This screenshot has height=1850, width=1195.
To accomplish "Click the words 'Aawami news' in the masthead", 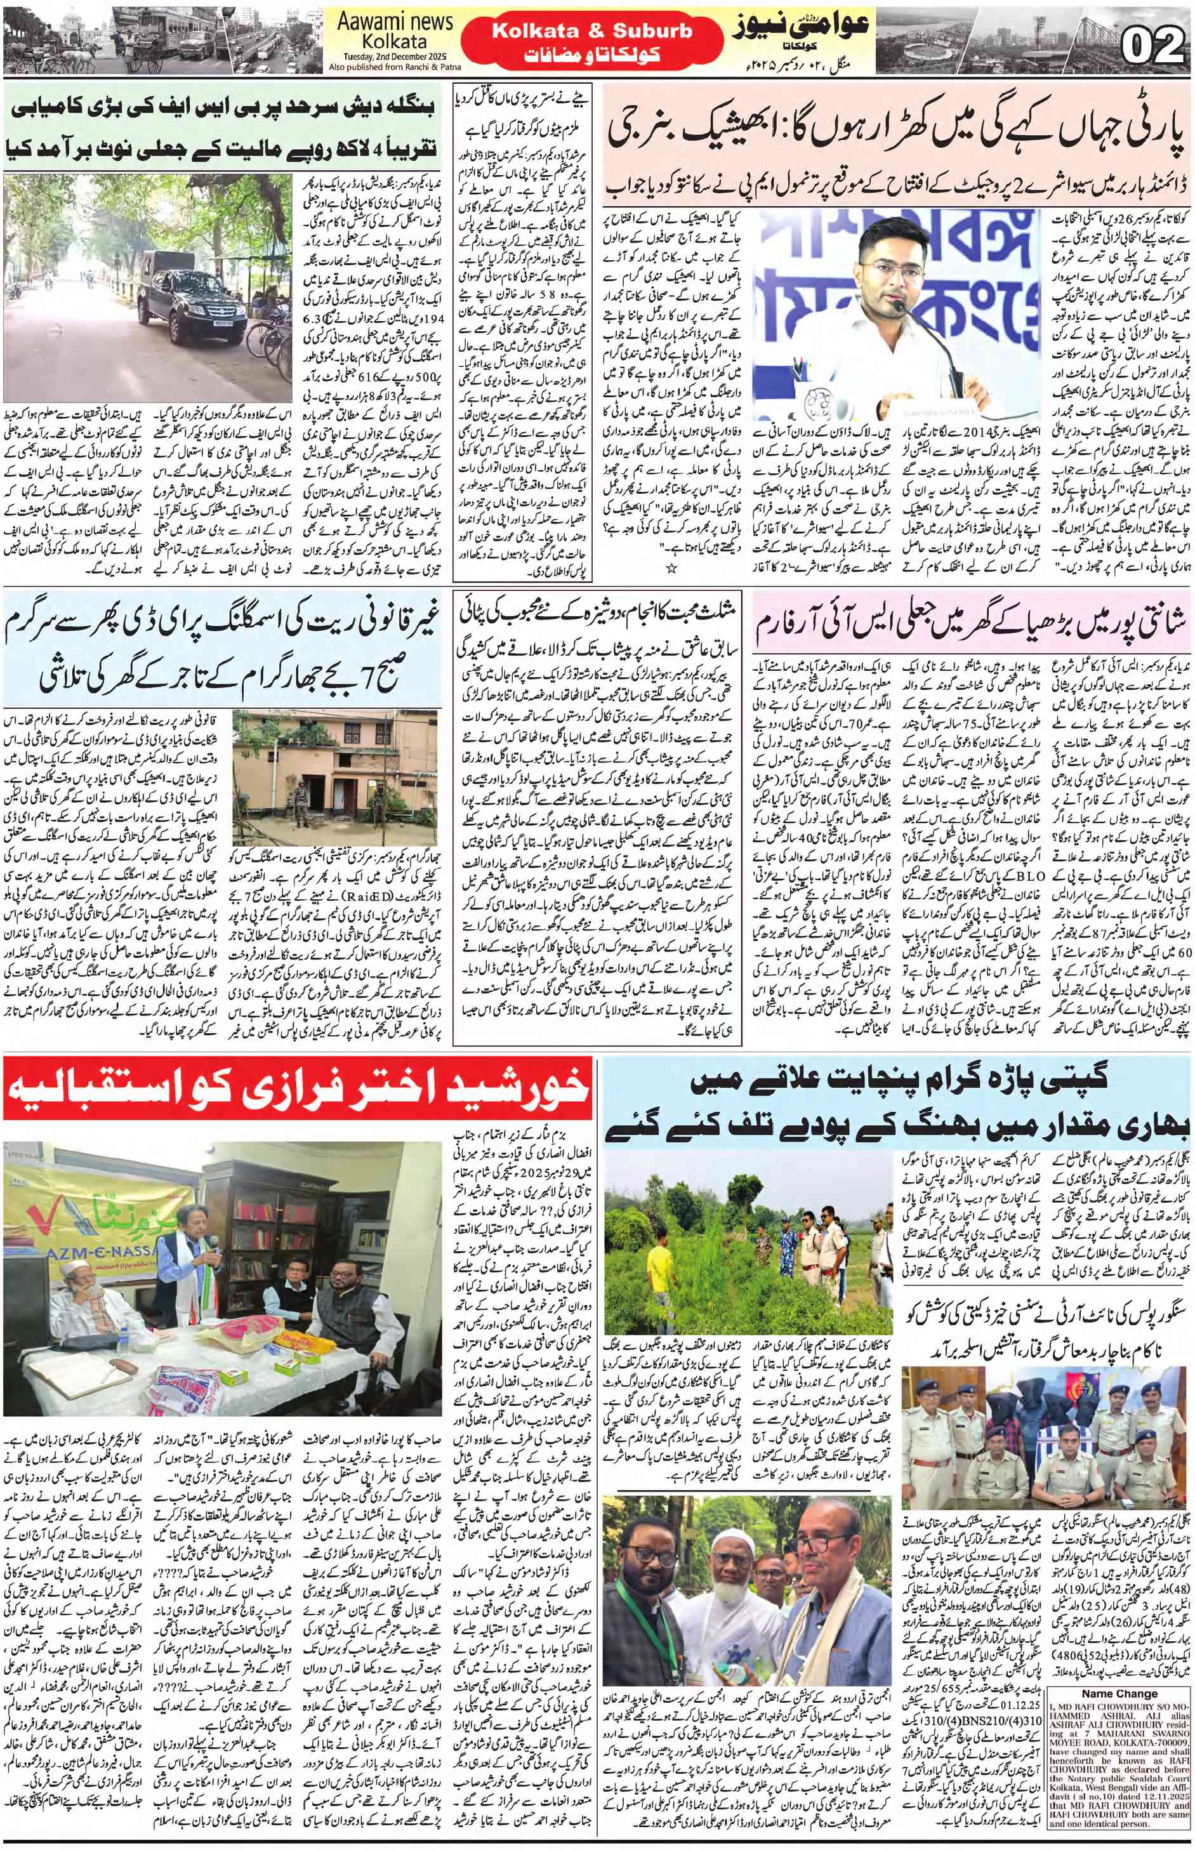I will click(395, 22).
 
